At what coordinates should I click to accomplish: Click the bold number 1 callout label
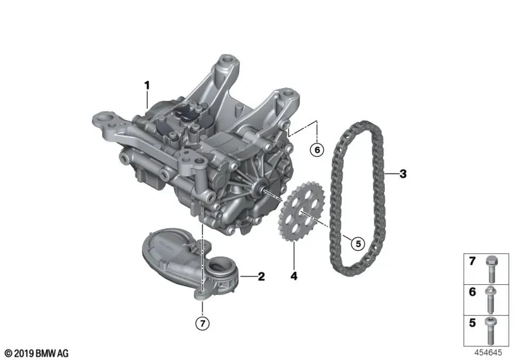click(147, 85)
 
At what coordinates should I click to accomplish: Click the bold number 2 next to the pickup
click(261, 276)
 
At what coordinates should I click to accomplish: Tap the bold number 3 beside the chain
click(403, 174)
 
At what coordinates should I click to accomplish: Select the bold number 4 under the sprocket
click(294, 276)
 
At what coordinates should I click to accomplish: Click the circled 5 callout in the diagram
click(358, 244)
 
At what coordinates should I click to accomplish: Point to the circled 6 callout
click(317, 150)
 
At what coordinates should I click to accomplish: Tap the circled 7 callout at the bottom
click(202, 323)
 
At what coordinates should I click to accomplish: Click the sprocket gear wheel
click(301, 212)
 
